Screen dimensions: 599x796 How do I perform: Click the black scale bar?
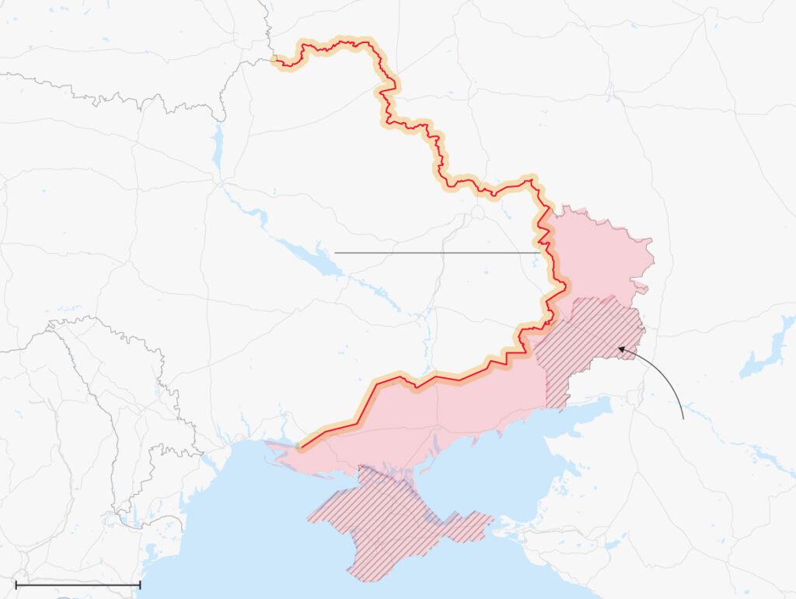78,584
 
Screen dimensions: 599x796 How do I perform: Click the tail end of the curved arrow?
683,419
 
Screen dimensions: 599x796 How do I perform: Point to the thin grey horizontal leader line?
435,253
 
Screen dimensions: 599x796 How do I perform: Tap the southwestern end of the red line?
302,448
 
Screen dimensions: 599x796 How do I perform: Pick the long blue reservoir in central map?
311,257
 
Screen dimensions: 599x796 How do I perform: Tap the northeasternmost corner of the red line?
533,182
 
